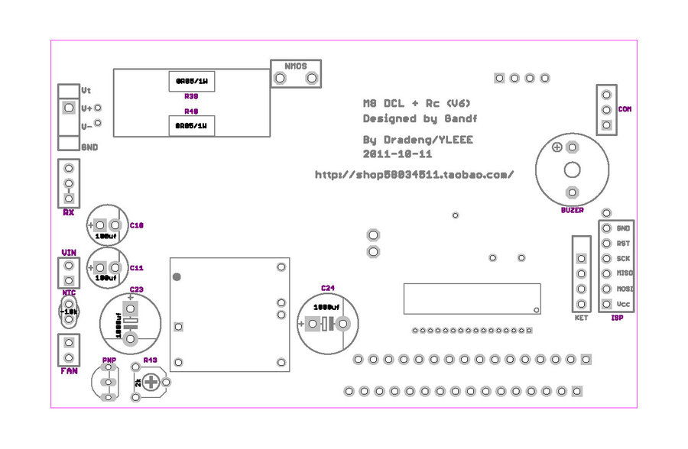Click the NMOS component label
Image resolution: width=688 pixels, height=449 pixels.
coord(296,66)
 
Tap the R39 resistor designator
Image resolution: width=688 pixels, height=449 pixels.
coord(191,97)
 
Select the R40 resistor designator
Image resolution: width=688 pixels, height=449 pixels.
coord(191,111)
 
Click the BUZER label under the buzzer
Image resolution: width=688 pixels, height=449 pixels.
coord(572,210)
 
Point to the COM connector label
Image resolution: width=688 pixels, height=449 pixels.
coord(625,109)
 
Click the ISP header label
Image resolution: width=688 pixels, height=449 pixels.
coord(618,318)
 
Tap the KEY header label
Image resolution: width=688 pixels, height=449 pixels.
coord(581,318)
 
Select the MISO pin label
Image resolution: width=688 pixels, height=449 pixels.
coord(625,273)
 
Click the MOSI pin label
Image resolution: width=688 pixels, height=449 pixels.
coord(625,289)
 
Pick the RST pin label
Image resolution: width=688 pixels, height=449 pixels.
coord(623,244)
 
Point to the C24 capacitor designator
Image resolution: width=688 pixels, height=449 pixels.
coord(327,288)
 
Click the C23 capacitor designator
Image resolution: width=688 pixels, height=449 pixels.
coord(135,289)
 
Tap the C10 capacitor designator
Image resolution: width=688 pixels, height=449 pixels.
coord(137,225)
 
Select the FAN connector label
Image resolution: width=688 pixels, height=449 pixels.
coord(69,371)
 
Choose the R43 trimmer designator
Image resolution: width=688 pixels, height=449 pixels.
coord(150,359)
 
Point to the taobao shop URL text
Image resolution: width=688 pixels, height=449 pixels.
coord(414,174)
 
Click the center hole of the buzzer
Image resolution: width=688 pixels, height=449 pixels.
coord(571,170)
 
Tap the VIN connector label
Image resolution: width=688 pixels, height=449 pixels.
coord(68,252)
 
